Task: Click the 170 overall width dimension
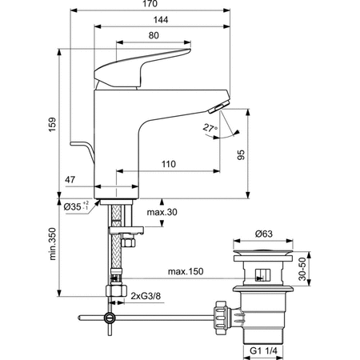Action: coord(150,4)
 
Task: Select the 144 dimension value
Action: coord(161,20)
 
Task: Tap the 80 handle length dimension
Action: coord(154,35)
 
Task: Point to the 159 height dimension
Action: coord(53,124)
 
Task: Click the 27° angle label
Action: coord(210,128)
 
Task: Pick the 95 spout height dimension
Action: coord(241,154)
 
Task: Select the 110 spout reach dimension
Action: coord(169,164)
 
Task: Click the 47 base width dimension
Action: coord(70,180)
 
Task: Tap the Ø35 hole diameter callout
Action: coord(76,206)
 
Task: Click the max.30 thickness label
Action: coord(162,212)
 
